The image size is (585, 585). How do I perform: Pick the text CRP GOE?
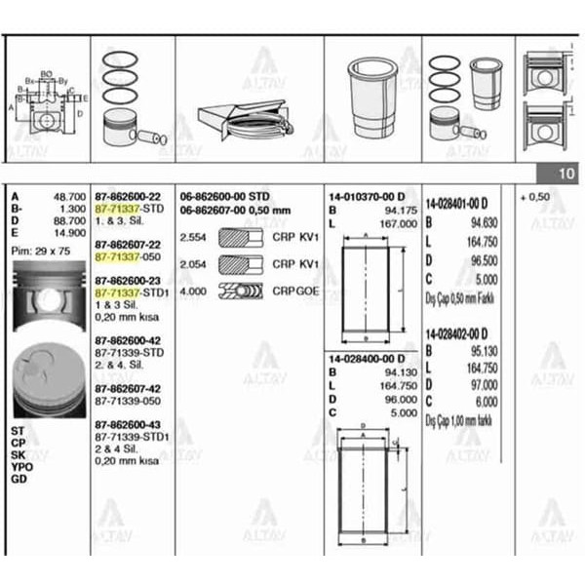tap(295, 290)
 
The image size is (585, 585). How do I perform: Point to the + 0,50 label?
tap(537, 196)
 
